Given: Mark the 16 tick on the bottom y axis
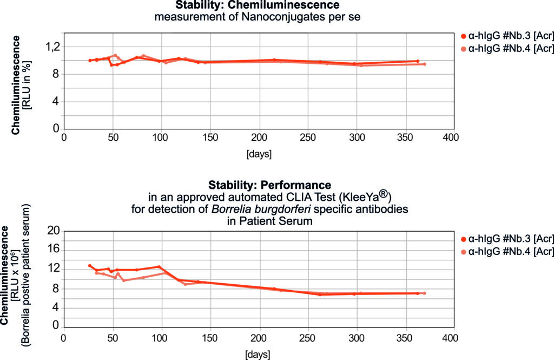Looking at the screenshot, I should pos(53,250).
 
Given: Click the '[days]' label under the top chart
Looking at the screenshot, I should pos(259,154).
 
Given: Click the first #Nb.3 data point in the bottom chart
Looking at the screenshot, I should pos(90,266).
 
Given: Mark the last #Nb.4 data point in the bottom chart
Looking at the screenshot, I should pos(424,293).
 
